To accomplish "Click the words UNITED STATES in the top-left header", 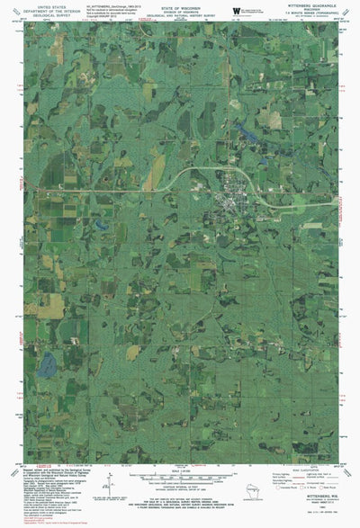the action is point(42,4).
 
